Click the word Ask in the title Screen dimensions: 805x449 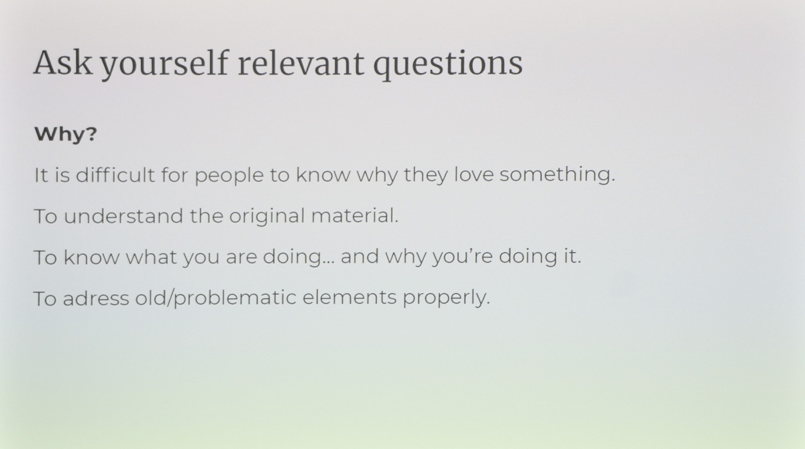(62, 62)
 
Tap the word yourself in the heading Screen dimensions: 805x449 (164, 64)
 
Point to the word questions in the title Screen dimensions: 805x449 (448, 64)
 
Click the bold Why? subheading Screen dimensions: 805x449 (66, 135)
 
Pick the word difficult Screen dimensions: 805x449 (115, 174)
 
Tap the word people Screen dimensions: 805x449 (229, 176)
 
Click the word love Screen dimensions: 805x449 (474, 174)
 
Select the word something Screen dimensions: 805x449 (557, 175)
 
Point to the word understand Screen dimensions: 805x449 (123, 216)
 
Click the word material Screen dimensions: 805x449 (355, 216)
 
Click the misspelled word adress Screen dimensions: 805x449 (96, 298)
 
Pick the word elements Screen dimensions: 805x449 (350, 298)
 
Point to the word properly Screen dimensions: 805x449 (446, 299)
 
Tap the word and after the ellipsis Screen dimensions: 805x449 (360, 257)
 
